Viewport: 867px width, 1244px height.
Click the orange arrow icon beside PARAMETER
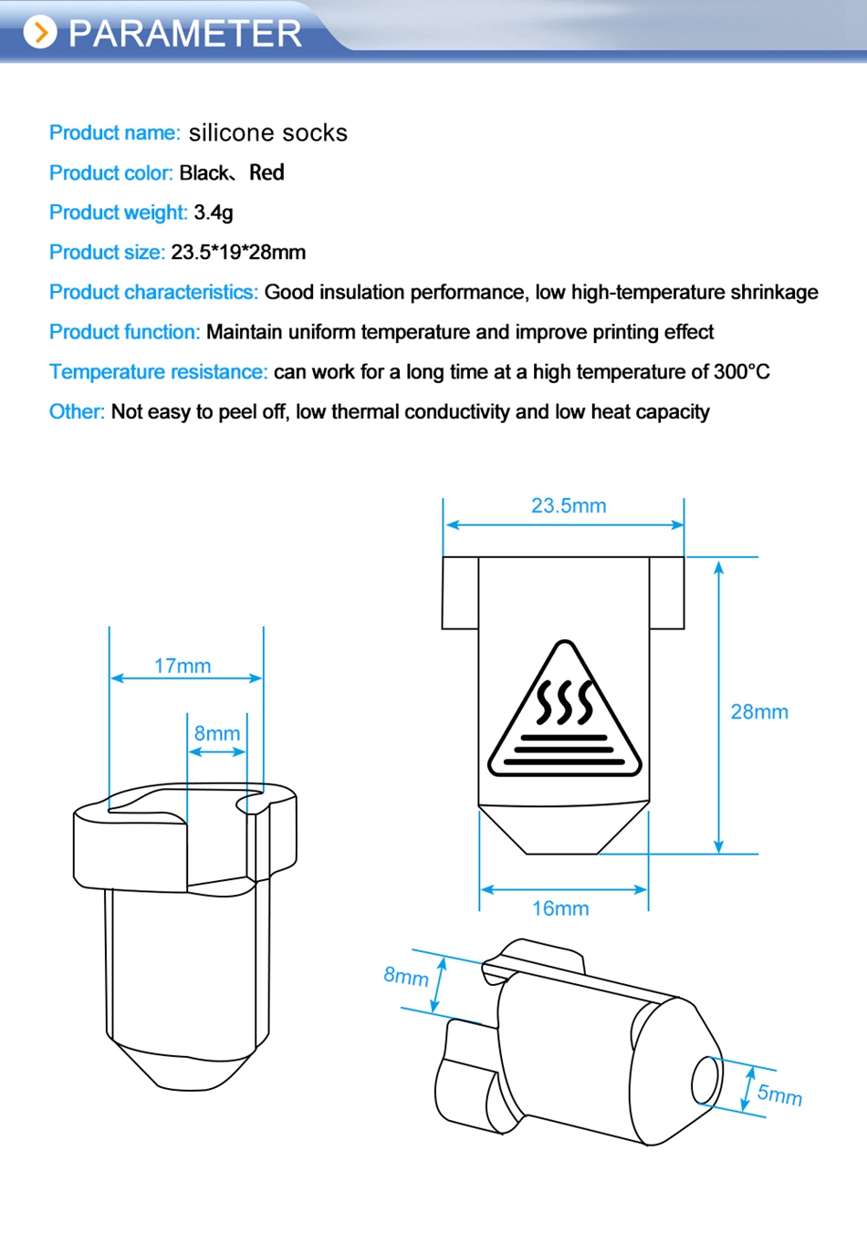pyautogui.click(x=40, y=33)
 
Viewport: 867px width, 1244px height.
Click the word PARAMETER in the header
pyautogui.click(x=184, y=34)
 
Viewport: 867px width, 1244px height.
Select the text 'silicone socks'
pyautogui.click(x=267, y=133)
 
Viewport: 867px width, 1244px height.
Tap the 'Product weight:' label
pyautogui.click(x=119, y=213)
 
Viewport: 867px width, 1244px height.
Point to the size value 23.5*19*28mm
pyautogui.click(x=238, y=253)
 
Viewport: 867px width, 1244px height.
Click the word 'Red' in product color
pyautogui.click(x=266, y=173)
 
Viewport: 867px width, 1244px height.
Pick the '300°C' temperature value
pyautogui.click(x=742, y=372)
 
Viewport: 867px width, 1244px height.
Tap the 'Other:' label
pyautogui.click(x=77, y=412)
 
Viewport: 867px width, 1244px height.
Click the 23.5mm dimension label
pyautogui.click(x=569, y=506)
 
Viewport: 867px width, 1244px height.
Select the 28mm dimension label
pyautogui.click(x=759, y=712)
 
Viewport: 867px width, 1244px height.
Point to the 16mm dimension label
pyautogui.click(x=560, y=908)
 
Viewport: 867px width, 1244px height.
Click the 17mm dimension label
pyautogui.click(x=183, y=666)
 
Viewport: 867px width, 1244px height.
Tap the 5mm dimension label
pyautogui.click(x=779, y=1094)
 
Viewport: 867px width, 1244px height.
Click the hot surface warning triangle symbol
pyautogui.click(x=565, y=716)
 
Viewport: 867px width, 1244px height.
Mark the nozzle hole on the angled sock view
pyautogui.click(x=705, y=1081)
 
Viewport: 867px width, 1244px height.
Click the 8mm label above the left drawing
pyautogui.click(x=217, y=733)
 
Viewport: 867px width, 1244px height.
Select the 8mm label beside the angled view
pyautogui.click(x=406, y=977)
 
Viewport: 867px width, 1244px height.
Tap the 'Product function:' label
pyautogui.click(x=125, y=332)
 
